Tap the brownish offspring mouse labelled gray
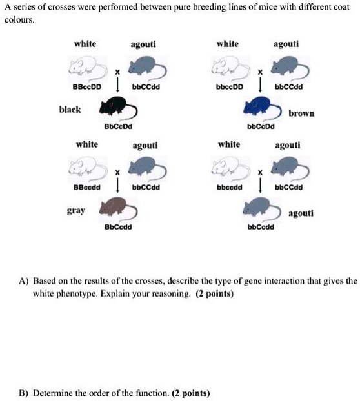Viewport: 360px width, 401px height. point(117,208)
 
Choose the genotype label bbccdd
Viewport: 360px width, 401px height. point(229,188)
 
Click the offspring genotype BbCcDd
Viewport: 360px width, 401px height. point(117,126)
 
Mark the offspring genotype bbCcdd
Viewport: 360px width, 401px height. point(261,228)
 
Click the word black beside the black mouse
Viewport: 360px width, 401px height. point(70,110)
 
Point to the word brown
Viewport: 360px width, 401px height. point(301,113)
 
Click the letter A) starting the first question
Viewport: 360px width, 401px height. point(24,282)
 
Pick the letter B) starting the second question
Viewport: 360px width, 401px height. point(24,392)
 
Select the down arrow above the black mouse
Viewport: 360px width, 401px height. point(117,85)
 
